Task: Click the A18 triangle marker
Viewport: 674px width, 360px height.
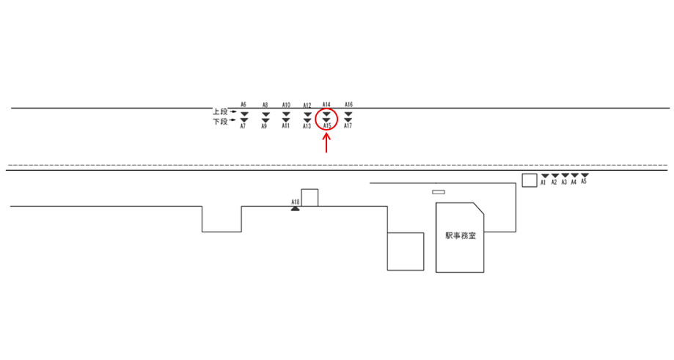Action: (x=295, y=209)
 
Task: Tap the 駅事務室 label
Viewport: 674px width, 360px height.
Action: (x=461, y=236)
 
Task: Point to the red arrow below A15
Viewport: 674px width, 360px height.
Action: (x=326, y=143)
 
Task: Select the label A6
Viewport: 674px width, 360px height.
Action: (x=243, y=104)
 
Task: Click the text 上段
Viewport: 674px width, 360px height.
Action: (x=220, y=112)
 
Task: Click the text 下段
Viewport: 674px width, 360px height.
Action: (x=220, y=122)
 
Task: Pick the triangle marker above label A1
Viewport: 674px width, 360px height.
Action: (x=545, y=176)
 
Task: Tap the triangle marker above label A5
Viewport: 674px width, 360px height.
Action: (x=585, y=176)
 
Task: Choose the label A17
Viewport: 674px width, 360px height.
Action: (x=348, y=127)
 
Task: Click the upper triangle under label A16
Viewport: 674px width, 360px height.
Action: (x=348, y=114)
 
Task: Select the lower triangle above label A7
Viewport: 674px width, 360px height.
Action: (x=244, y=120)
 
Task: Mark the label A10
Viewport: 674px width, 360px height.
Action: (x=286, y=105)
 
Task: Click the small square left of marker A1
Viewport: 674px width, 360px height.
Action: (x=529, y=180)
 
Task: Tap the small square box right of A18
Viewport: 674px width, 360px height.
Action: (x=309, y=197)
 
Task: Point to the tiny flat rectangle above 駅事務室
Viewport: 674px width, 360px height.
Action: (x=439, y=192)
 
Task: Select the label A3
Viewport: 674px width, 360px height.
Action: (x=564, y=183)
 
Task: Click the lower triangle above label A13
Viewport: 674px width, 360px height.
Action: (x=307, y=120)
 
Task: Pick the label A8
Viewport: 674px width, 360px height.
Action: (x=265, y=105)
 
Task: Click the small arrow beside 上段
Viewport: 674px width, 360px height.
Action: (x=233, y=111)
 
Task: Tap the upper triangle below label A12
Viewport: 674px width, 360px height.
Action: (x=307, y=114)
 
